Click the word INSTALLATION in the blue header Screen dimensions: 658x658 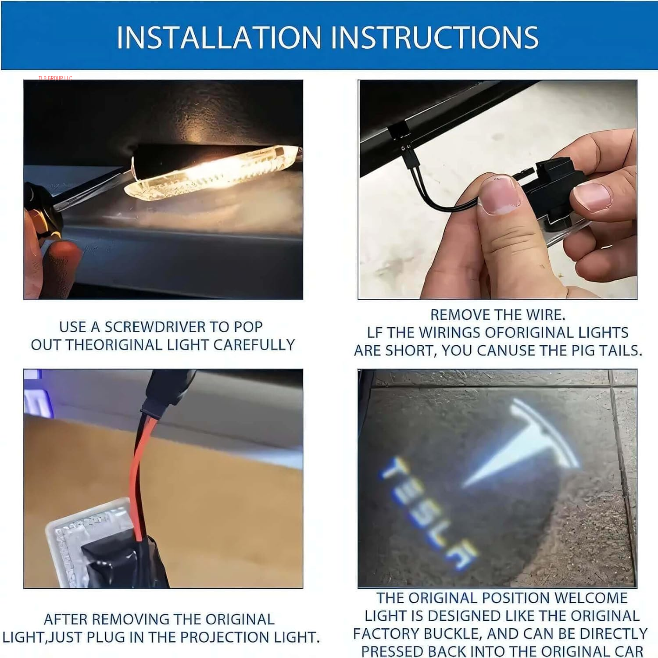tap(219, 37)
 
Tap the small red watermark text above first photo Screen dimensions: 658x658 tap(55, 78)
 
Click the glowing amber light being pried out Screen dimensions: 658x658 tap(211, 173)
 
